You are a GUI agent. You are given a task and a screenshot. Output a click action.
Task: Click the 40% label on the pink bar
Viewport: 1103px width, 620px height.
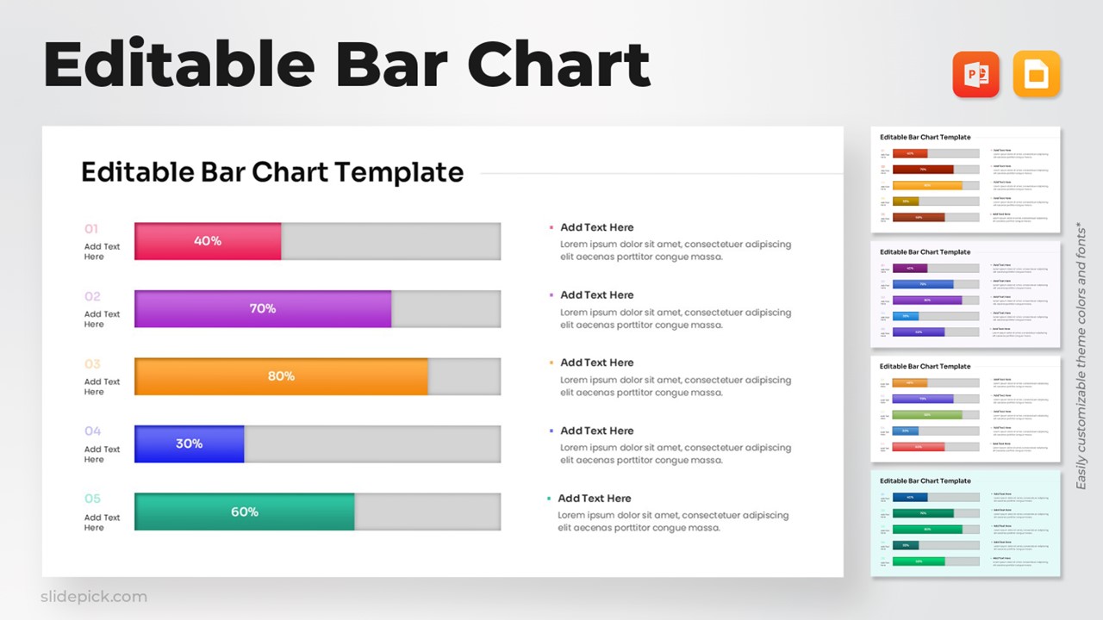pyautogui.click(x=208, y=241)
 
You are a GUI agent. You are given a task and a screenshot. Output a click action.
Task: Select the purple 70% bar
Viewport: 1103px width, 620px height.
pyautogui.click(x=263, y=308)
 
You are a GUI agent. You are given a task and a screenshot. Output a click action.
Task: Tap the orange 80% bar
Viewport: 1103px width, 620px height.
pyautogui.click(x=281, y=376)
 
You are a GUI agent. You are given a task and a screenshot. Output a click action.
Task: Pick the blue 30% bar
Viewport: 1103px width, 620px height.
pyautogui.click(x=190, y=443)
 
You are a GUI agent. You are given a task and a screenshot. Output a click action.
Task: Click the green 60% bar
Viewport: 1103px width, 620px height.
pyautogui.click(x=245, y=512)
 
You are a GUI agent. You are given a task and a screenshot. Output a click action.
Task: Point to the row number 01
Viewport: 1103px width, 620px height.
pyautogui.click(x=91, y=229)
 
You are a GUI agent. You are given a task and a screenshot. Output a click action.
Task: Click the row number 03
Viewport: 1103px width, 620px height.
pyautogui.click(x=92, y=364)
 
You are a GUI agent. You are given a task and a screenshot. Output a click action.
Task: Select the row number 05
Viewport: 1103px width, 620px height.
pyautogui.click(x=92, y=499)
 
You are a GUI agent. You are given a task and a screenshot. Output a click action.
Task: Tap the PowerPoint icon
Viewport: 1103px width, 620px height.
pyautogui.click(x=975, y=75)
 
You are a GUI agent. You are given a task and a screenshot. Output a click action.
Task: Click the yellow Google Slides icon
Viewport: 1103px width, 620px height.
pyautogui.click(x=1037, y=75)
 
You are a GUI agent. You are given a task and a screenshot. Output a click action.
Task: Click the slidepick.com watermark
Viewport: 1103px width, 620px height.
pyautogui.click(x=94, y=597)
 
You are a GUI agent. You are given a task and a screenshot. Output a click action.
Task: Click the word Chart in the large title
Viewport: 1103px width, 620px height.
pyautogui.click(x=558, y=66)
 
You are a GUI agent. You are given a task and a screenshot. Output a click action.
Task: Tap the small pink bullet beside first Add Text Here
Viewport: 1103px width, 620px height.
pyautogui.click(x=551, y=228)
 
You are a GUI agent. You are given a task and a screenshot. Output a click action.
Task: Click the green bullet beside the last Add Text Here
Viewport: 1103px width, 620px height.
pyautogui.click(x=549, y=499)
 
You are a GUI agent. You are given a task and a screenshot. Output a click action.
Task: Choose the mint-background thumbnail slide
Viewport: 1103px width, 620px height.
pyautogui.click(x=965, y=524)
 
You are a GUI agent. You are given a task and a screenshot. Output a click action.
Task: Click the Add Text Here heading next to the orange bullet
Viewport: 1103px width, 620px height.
pyautogui.click(x=596, y=363)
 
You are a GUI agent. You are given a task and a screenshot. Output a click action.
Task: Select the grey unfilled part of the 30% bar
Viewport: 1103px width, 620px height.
pyautogui.click(x=371, y=443)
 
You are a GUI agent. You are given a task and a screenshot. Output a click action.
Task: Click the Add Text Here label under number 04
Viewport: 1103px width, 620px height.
pyautogui.click(x=102, y=455)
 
